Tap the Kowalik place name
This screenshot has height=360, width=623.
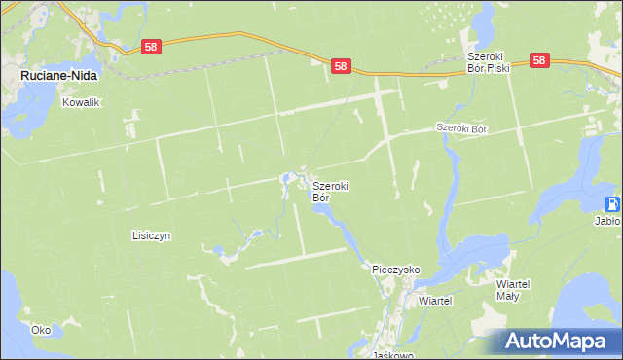click(x=83, y=102)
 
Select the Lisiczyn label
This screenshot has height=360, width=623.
click(x=151, y=235)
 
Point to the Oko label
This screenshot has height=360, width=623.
click(x=40, y=330)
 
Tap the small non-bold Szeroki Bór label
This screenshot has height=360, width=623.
click(x=460, y=127)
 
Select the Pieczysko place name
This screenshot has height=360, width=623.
click(x=395, y=268)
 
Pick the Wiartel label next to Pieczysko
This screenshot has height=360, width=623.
click(x=435, y=301)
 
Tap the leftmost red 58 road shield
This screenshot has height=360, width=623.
click(x=150, y=46)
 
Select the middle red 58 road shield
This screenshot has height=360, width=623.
click(x=340, y=66)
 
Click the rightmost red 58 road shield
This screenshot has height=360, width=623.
click(x=541, y=60)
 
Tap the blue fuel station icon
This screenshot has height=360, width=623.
click(x=612, y=204)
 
